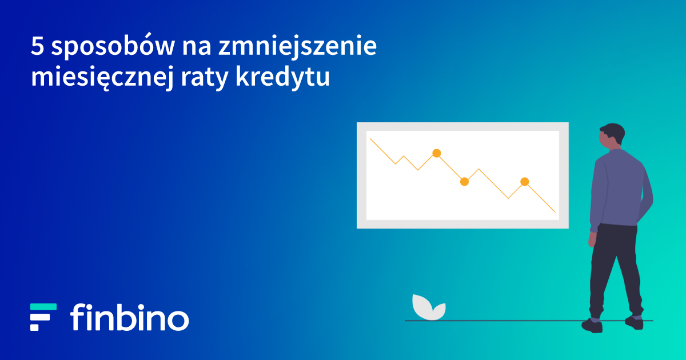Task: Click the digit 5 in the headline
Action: click(37, 46)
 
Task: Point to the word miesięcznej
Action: click(102, 77)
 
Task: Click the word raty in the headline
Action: click(205, 78)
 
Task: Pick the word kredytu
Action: click(282, 77)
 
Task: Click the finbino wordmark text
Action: click(130, 317)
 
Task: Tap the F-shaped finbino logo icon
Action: click(43, 317)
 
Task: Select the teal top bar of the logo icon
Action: click(43, 307)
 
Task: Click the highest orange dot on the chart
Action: click(437, 153)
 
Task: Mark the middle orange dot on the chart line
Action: click(465, 182)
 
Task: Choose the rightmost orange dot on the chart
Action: click(525, 182)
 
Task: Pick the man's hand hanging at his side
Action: click(593, 239)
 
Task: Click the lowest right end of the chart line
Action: click(556, 212)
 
